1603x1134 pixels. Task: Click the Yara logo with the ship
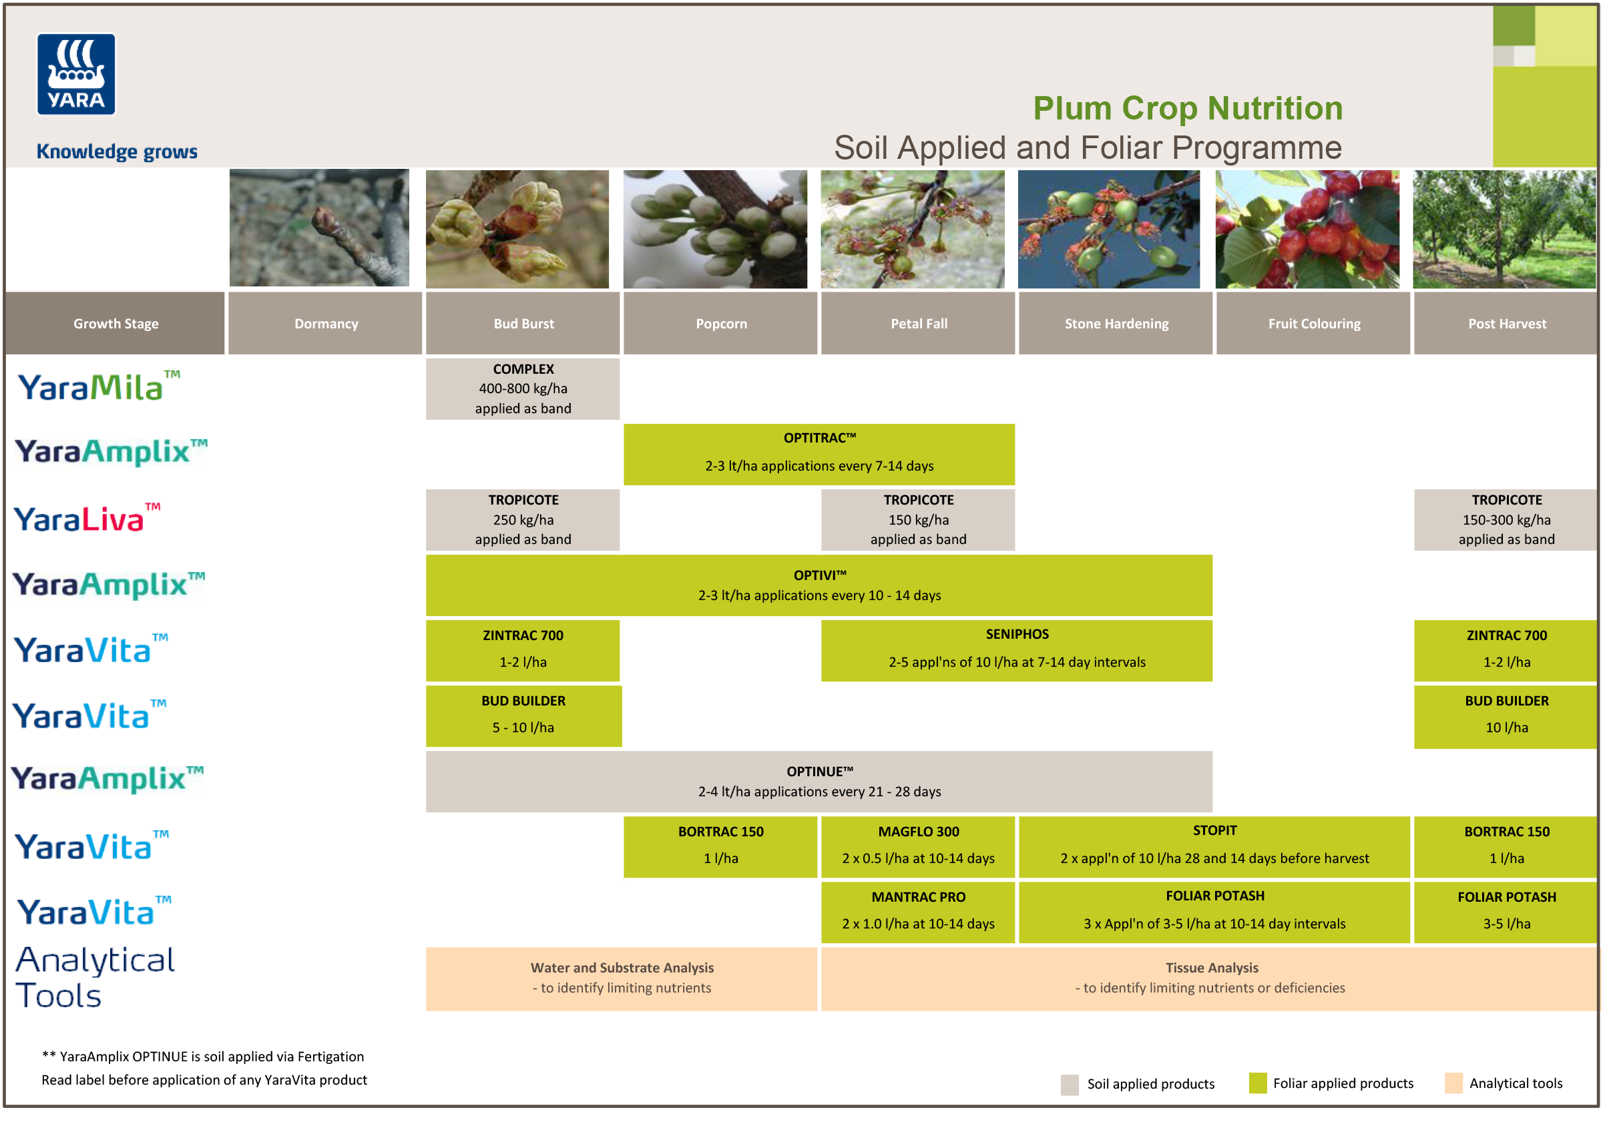click(76, 74)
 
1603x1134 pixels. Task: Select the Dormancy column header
click(326, 323)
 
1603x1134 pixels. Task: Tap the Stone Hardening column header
click(1116, 323)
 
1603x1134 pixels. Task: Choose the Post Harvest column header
click(1506, 323)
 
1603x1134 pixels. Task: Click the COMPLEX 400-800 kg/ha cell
click(523, 389)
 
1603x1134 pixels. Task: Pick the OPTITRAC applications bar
click(819, 454)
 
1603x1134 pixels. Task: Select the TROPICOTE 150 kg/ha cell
click(918, 519)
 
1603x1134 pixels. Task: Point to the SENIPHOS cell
click(1016, 650)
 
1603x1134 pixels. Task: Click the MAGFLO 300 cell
click(918, 846)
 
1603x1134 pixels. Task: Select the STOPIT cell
click(1214, 846)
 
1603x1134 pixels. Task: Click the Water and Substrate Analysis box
click(621, 978)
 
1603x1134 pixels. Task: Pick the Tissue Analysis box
click(1210, 978)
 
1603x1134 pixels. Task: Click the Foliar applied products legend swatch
click(1257, 1083)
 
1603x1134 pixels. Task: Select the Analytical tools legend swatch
click(1453, 1083)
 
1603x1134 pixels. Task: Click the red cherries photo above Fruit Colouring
click(1307, 229)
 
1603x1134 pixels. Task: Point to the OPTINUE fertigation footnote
click(202, 1057)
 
